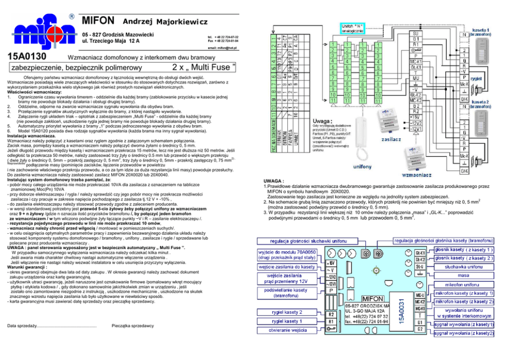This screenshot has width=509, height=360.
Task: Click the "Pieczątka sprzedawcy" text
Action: coord(132,326)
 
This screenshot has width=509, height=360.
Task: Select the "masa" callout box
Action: coord(464,275)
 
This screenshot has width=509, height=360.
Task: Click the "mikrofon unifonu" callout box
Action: coord(464,284)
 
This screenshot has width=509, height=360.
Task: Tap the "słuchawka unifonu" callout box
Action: coord(464,267)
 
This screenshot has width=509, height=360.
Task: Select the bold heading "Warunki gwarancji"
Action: coord(28,268)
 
